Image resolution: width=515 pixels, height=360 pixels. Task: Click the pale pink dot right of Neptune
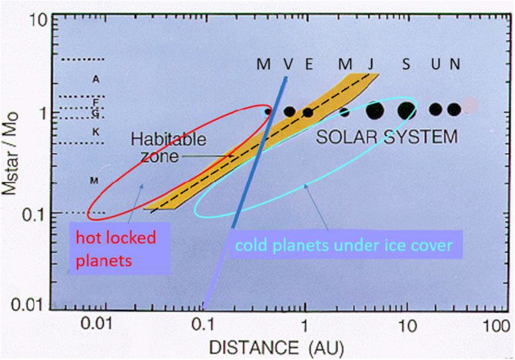pos(472,106)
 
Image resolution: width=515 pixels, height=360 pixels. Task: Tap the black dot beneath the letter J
pos(374,110)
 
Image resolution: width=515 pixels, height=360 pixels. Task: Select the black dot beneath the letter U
pos(436,109)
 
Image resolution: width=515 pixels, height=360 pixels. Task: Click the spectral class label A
pos(95,79)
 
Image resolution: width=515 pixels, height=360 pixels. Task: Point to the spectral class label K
pos(95,131)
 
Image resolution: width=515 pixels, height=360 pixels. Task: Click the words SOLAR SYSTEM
pos(386,137)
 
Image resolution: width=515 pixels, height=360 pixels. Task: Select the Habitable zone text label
pos(158,146)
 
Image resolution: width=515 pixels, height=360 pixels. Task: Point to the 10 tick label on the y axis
pos(39,19)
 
